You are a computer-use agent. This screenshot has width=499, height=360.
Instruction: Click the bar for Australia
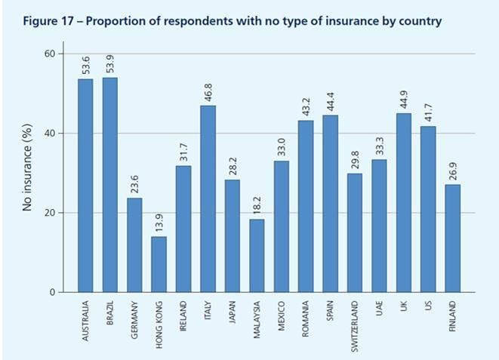pos(85,185)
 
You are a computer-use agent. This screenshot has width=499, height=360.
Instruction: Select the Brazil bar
pos(109,184)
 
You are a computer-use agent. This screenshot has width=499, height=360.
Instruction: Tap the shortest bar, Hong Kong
pos(159,264)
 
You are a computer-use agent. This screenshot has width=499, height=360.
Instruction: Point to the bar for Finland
pos(451,238)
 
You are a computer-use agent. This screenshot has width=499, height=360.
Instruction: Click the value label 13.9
pos(159,223)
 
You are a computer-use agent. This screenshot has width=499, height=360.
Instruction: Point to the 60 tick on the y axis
pos(51,54)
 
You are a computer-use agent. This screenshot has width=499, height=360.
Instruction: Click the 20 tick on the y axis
pos(51,213)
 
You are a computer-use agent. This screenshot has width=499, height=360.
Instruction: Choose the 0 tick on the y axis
pos(53,292)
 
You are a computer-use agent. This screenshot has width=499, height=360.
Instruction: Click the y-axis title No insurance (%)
pos(28,172)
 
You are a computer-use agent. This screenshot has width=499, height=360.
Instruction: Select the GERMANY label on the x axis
pos(134,320)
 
